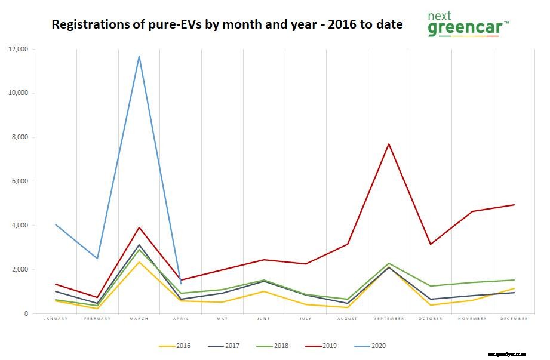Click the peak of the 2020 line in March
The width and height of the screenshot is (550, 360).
[139, 56]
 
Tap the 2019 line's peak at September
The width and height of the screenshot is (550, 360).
[389, 144]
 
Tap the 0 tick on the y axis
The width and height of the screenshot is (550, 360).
[26, 313]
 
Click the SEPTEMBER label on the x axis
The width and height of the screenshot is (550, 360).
[389, 319]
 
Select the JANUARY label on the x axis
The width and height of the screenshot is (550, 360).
[56, 319]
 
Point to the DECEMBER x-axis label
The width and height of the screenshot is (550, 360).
[514, 319]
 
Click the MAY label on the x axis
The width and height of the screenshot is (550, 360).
[222, 319]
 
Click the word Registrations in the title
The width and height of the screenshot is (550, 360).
[89, 24]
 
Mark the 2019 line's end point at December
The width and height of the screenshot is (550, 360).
[514, 205]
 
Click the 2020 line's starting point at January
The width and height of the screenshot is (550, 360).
[56, 224]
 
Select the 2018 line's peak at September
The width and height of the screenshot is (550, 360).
[389, 263]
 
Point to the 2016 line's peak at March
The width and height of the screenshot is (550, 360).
[139, 262]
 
